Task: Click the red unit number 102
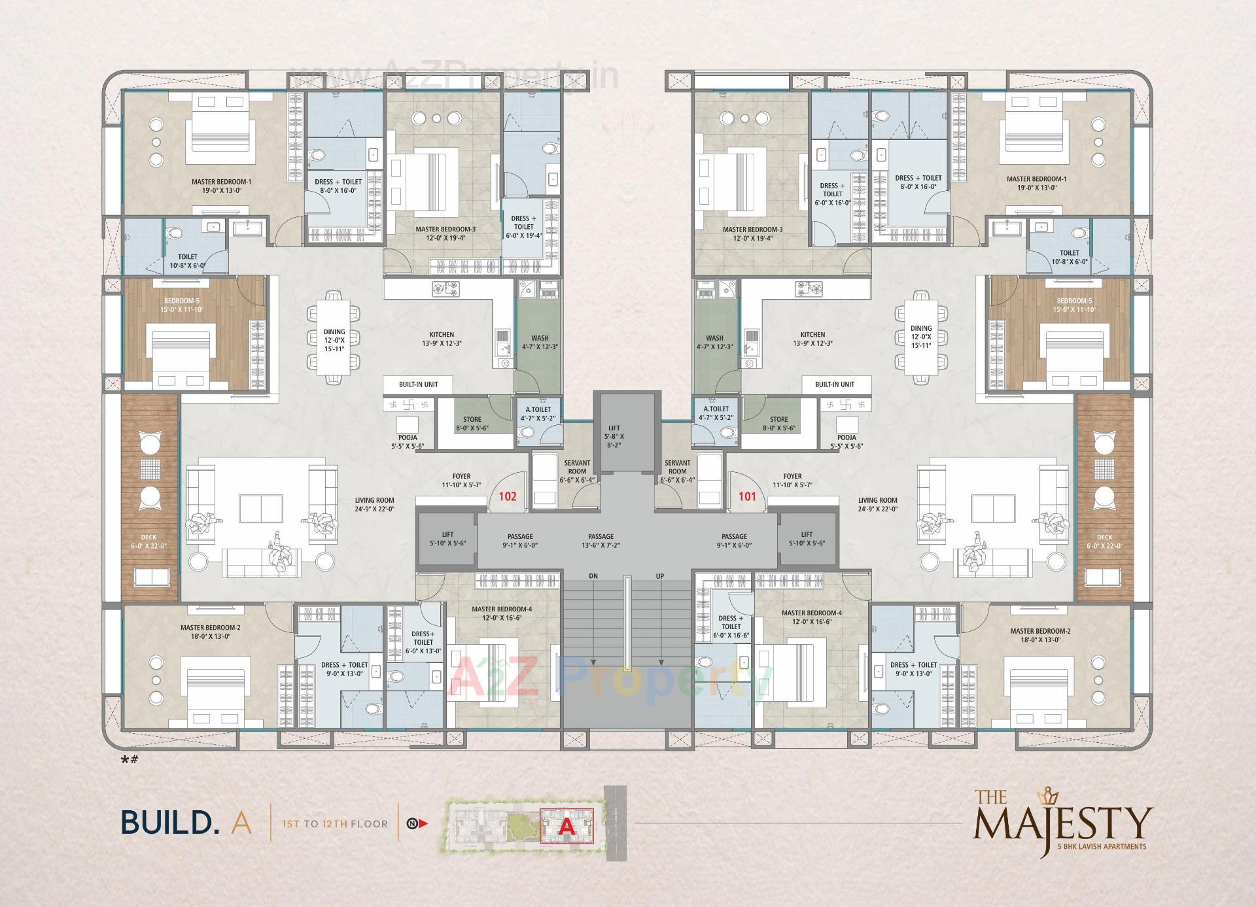pos(508,496)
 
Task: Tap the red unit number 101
pos(747,496)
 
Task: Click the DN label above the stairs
pos(593,576)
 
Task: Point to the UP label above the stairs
pos(659,576)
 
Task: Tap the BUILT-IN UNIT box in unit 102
pos(418,385)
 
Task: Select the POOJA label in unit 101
pos(846,437)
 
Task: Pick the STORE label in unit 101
pos(778,420)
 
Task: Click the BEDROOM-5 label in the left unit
pos(177,301)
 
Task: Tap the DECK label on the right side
pos(1104,538)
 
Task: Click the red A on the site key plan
pos(567,826)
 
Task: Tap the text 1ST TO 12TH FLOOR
pos(334,823)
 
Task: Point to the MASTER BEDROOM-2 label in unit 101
pos(1039,631)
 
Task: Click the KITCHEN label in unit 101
pos(812,334)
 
